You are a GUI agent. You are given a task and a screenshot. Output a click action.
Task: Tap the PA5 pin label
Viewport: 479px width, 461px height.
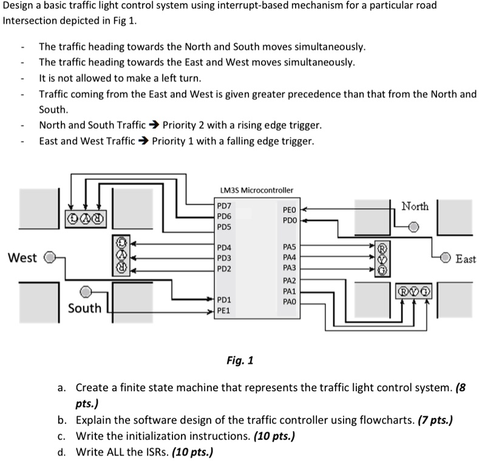click(x=289, y=247)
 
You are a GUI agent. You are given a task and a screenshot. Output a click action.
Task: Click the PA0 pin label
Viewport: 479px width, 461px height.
click(x=289, y=301)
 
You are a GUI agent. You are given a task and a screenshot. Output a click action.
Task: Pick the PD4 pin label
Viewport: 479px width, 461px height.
click(x=225, y=247)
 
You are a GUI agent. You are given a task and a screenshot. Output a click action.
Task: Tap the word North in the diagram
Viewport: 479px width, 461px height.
click(x=415, y=207)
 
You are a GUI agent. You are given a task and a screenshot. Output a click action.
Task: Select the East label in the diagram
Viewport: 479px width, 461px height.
click(x=466, y=259)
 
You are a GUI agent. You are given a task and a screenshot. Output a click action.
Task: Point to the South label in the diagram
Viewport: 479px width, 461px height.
click(x=84, y=309)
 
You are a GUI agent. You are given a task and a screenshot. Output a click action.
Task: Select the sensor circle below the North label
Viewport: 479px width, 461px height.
click(x=413, y=227)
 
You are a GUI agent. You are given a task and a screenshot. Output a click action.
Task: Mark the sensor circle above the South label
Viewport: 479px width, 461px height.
click(x=87, y=292)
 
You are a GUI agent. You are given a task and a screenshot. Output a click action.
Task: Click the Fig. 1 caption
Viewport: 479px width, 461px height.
click(x=240, y=361)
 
